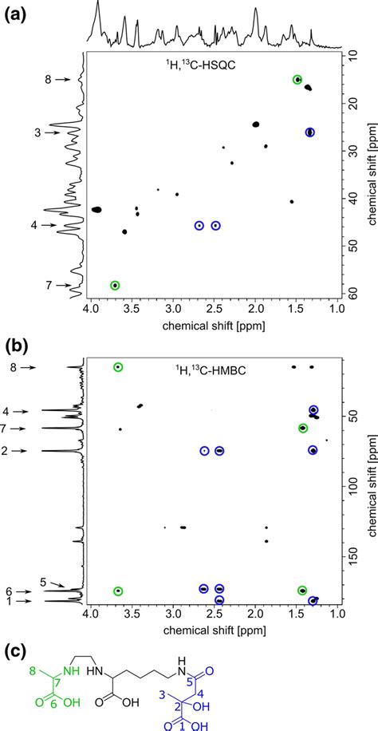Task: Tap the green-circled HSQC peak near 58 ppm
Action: coord(115,285)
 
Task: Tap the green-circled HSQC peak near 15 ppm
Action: coord(297,79)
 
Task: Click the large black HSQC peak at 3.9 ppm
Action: coord(96,209)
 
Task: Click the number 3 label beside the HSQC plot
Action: coord(37,132)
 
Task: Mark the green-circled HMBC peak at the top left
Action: coord(119,367)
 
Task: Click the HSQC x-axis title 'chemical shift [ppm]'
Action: coord(212,326)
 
